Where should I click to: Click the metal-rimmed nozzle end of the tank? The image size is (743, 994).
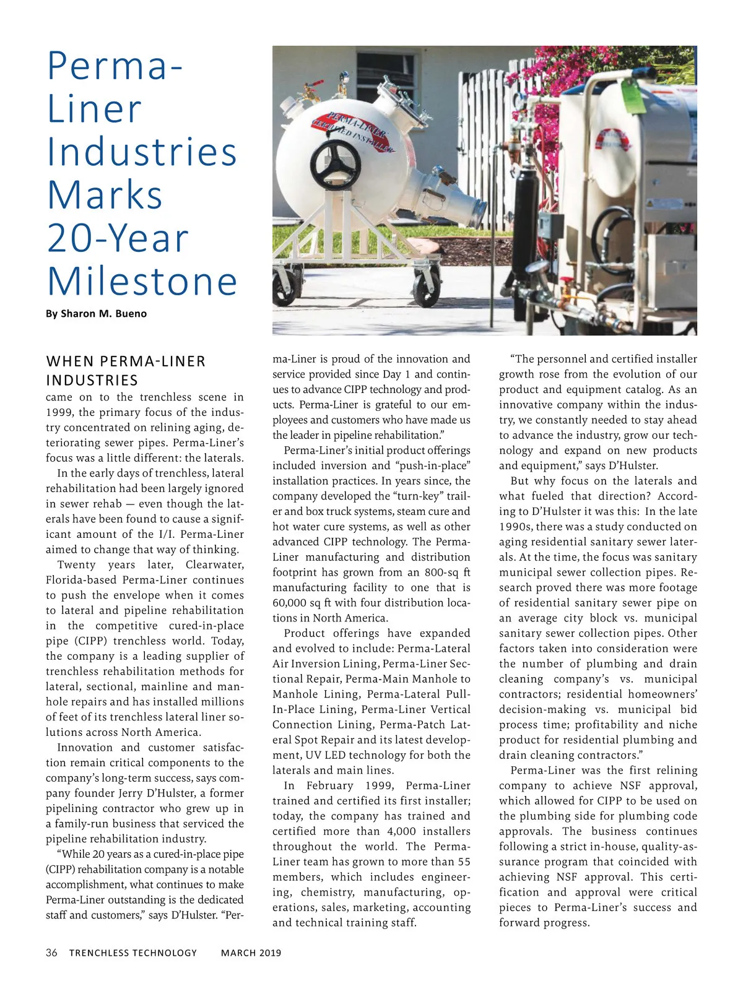pyautogui.click(x=472, y=217)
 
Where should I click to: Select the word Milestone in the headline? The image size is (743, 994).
pyautogui.click(x=142, y=281)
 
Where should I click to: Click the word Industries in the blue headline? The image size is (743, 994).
pyautogui.click(x=142, y=152)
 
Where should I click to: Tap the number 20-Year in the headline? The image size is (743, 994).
pyautogui.click(x=118, y=238)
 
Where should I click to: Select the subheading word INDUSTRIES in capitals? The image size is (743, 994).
pyautogui.click(x=92, y=380)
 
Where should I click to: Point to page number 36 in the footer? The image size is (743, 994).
pyautogui.click(x=51, y=953)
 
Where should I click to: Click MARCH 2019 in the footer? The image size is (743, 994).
pyautogui.click(x=251, y=953)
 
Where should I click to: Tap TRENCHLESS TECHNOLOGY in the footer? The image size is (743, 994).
pyautogui.click(x=133, y=953)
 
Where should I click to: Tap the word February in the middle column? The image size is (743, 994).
pyautogui.click(x=329, y=785)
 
